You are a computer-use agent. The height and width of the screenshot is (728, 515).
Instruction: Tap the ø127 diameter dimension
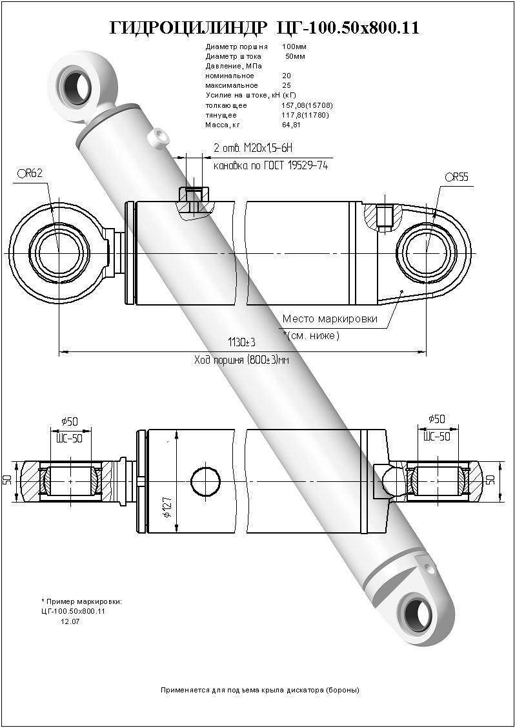coord(167,510)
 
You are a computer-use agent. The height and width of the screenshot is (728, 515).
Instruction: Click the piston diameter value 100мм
coord(294,47)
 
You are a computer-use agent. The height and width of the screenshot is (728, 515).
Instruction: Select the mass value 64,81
coord(292,125)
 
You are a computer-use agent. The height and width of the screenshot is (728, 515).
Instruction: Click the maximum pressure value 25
coord(287,85)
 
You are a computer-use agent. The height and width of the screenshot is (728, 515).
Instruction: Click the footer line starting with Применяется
coord(259,690)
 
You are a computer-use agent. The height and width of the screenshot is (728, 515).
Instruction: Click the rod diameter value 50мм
coord(296,56)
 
